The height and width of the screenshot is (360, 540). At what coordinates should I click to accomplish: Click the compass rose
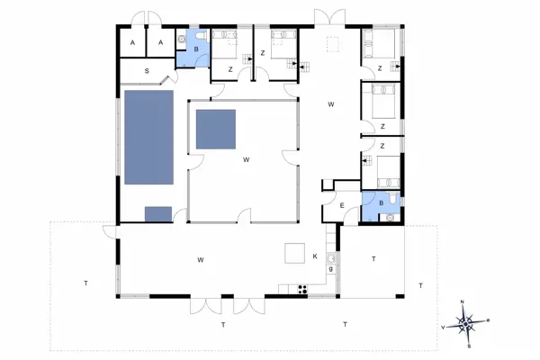pyautogui.click(x=467, y=321)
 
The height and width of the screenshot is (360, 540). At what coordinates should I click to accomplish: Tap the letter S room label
pyautogui.click(x=148, y=70)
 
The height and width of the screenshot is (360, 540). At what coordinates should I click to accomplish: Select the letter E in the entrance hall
pyautogui.click(x=343, y=205)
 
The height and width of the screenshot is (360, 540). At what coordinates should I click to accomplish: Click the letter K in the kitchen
pyautogui.click(x=315, y=257)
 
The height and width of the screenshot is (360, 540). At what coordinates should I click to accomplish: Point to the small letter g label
pyautogui.click(x=331, y=269)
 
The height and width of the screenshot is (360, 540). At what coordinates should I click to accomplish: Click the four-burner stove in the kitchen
pyautogui.click(x=301, y=289)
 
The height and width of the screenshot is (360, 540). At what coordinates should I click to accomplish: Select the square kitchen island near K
pyautogui.click(x=295, y=253)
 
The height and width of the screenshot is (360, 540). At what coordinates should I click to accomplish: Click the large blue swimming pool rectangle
pyautogui.click(x=148, y=137)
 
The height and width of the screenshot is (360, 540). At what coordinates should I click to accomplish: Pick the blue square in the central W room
pyautogui.click(x=216, y=129)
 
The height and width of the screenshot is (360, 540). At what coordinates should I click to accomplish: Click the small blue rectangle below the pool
pyautogui.click(x=157, y=213)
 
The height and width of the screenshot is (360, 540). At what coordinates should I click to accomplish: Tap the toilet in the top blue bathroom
pyautogui.click(x=183, y=40)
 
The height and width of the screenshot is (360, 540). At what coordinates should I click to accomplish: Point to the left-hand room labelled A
pyautogui.click(x=132, y=43)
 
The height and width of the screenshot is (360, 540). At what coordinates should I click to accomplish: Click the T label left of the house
pyautogui.click(x=85, y=283)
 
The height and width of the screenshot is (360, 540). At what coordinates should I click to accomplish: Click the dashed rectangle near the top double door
pyautogui.click(x=334, y=43)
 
